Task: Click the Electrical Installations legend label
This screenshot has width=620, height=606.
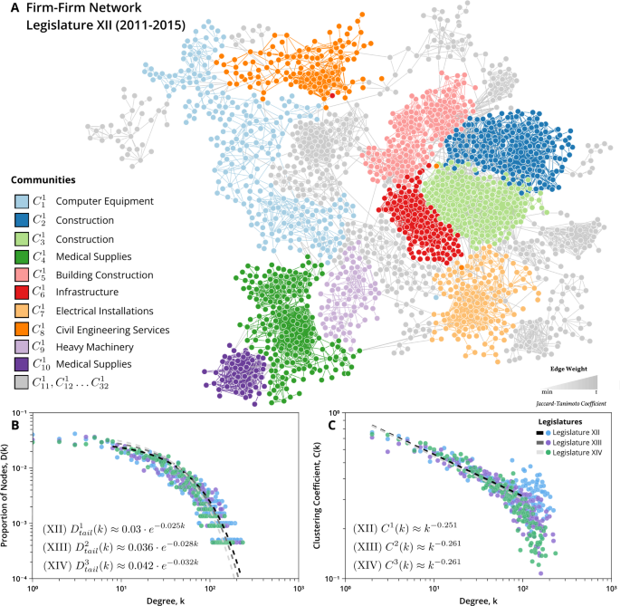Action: [x=104, y=311]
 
